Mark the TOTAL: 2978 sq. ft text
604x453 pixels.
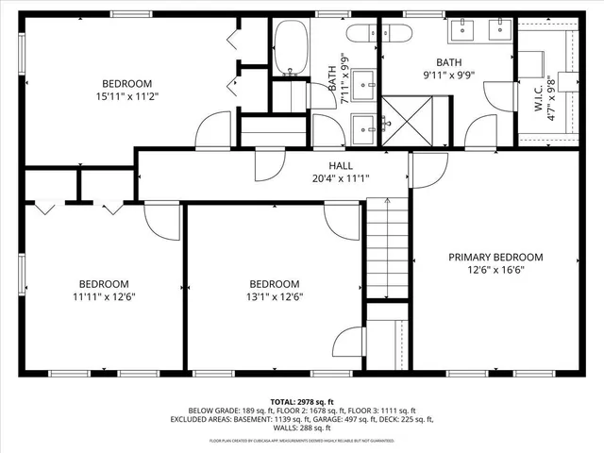301,401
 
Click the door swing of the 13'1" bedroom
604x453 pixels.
342,219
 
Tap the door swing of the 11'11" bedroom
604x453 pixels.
162,219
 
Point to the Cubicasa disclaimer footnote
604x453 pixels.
301,440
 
